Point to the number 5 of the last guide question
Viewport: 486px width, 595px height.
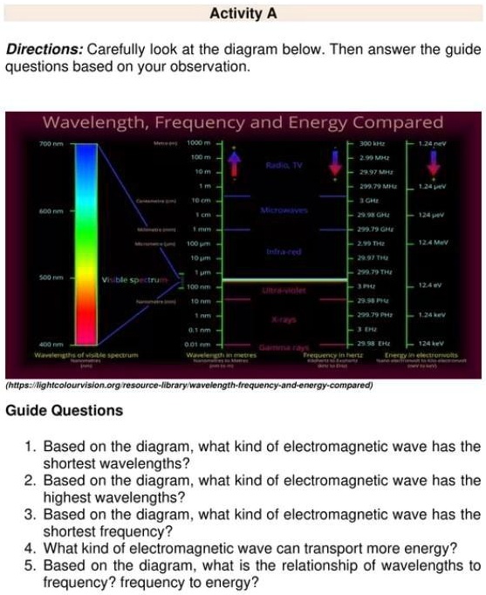tap(29, 564)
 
